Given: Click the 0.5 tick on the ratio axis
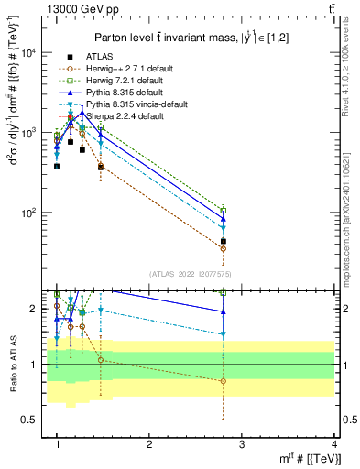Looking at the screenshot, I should (32, 420).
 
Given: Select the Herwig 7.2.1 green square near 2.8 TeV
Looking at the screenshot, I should (224, 211).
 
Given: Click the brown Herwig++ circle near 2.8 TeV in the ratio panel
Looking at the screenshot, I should (224, 381).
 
